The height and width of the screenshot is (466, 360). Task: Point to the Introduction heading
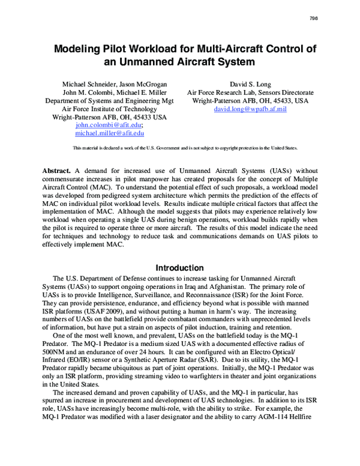pyautogui.click(x=180, y=268)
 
